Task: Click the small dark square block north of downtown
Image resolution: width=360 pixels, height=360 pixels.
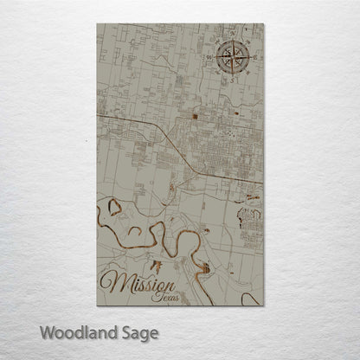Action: pos(195,116)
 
